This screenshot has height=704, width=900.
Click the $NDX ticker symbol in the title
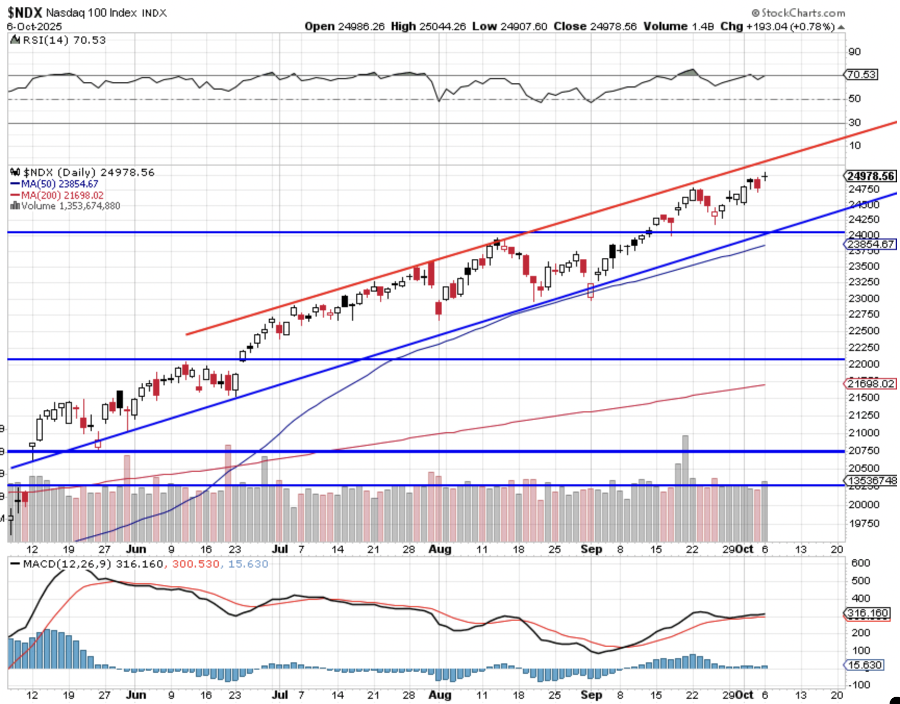25,12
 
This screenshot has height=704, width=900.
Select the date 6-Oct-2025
34,27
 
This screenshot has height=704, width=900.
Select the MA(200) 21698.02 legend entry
62,195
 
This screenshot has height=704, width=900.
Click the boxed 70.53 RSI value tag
861,74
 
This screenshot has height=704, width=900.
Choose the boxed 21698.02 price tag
870,384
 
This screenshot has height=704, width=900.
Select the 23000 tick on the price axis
864,298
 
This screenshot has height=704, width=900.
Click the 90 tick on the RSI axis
855,52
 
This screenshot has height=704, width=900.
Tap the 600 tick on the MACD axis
860,563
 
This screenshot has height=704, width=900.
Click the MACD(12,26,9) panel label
57,564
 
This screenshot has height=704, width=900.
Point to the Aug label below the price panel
440,549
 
